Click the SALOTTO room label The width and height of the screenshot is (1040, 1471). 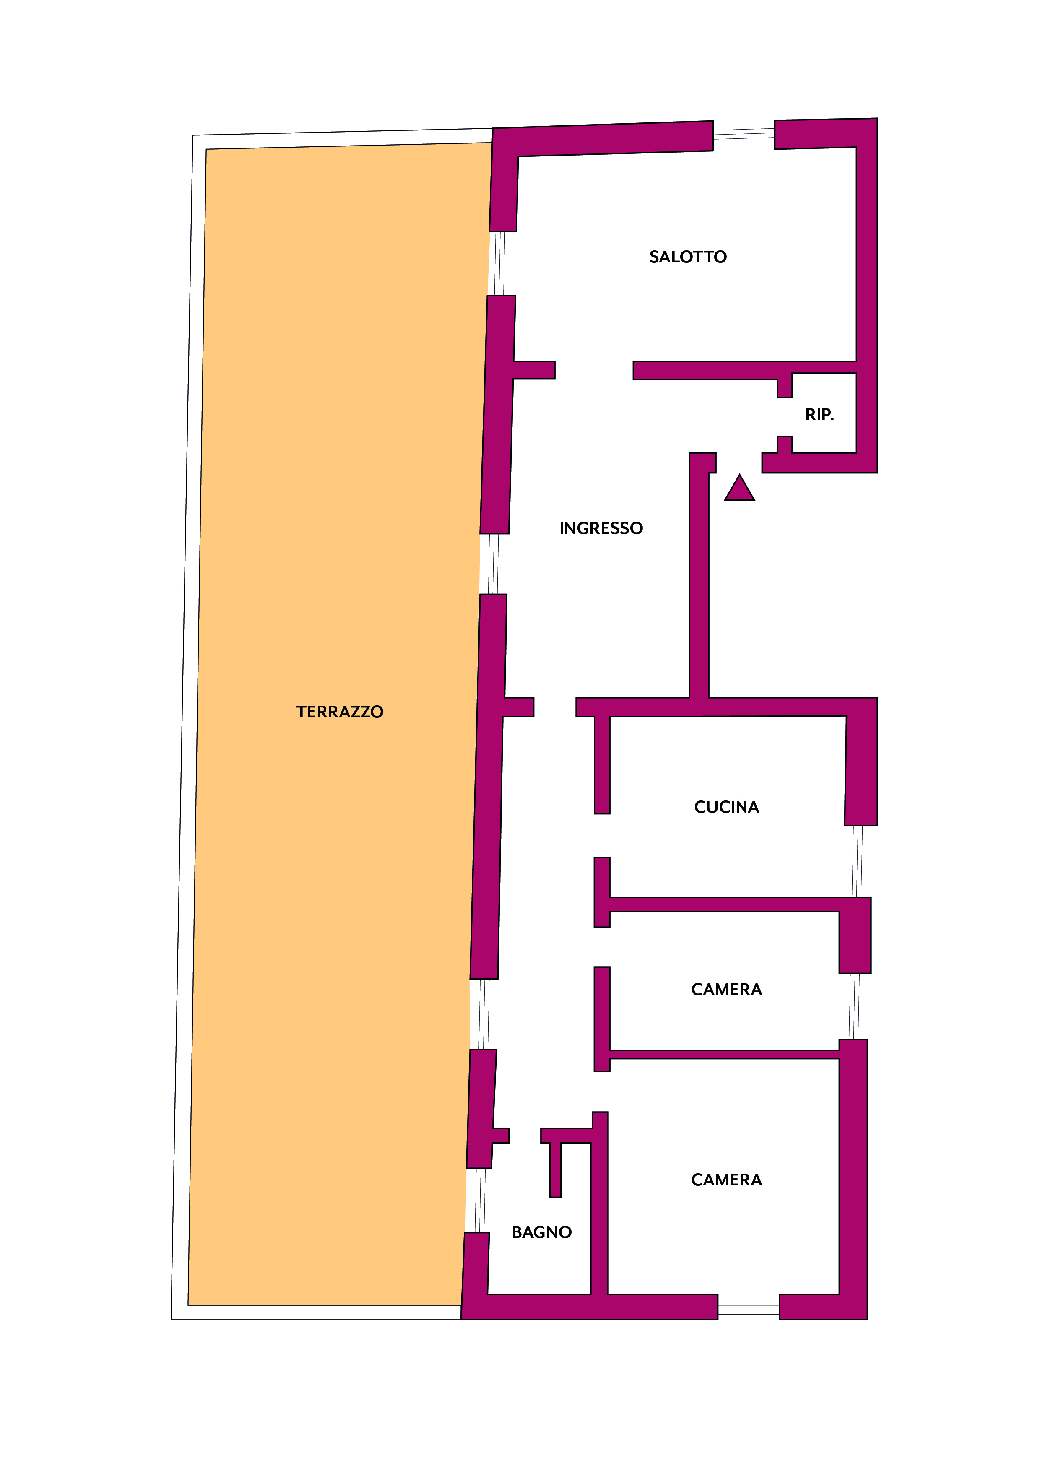click(688, 257)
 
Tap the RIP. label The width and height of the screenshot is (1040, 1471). click(819, 415)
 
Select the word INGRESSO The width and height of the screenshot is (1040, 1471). click(601, 528)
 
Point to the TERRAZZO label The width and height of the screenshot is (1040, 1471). click(340, 712)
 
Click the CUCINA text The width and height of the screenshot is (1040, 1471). click(727, 807)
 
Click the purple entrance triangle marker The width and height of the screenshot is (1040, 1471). click(739, 488)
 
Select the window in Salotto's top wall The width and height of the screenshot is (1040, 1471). click(744, 134)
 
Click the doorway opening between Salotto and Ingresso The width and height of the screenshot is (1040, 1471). click(594, 370)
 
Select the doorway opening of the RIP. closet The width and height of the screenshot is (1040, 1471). click(785, 417)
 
